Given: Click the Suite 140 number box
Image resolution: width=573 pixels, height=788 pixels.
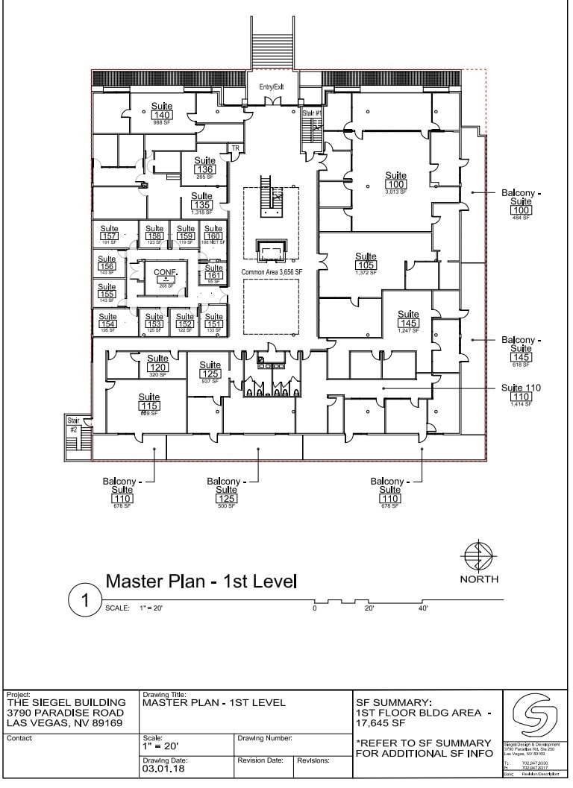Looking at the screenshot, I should coord(162,116).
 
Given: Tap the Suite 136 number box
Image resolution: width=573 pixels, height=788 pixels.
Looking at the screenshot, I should coord(205,170).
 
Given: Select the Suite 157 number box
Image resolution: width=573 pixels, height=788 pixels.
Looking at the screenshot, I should coord(109,236).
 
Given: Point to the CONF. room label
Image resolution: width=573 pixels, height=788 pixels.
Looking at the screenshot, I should coord(164,273).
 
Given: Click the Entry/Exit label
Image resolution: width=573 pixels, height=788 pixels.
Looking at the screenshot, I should coord(272,87).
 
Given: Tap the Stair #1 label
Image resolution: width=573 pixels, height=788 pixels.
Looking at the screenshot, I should coord(312,113).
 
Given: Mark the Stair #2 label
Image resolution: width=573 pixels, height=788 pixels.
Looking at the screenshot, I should coord(73,426).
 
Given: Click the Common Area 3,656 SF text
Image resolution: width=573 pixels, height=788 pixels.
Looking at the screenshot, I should coord(272,273).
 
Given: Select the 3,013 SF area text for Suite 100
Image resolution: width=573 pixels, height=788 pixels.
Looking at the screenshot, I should coord(396,192).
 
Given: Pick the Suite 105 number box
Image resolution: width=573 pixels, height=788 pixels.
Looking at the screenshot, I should coord(366,265).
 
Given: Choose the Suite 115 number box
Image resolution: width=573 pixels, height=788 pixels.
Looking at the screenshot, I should coord(149,406).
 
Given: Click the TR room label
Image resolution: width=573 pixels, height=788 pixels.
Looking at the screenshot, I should coord(236,148).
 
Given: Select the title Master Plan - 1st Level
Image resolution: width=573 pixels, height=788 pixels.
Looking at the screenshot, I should coord(201,581).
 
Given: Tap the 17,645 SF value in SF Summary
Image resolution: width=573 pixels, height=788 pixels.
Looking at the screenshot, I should coord(381,723).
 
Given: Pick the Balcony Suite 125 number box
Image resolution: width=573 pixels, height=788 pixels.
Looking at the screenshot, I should coord(224,499).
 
